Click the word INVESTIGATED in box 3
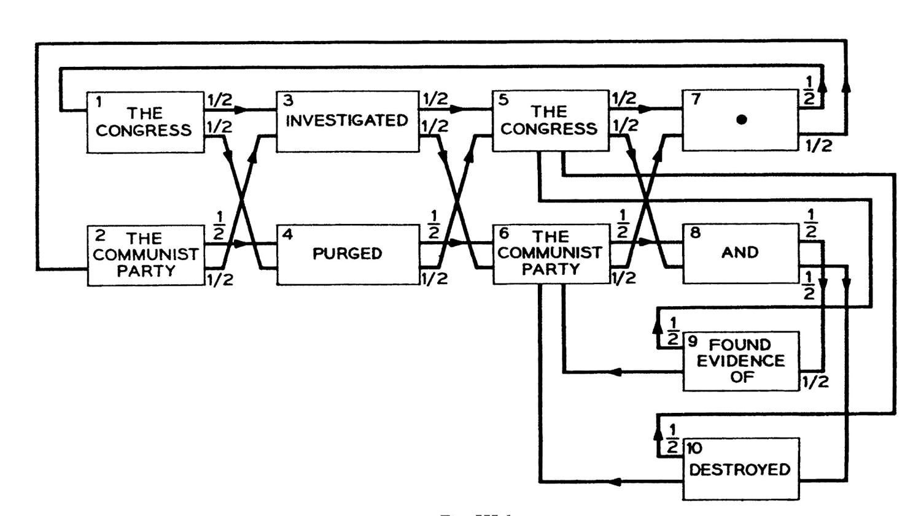(x=347, y=120)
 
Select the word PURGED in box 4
(x=347, y=253)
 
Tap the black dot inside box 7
(x=742, y=120)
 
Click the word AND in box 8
(x=740, y=252)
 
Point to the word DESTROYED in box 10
(x=740, y=470)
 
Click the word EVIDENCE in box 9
(x=740, y=361)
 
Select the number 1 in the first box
(x=98, y=102)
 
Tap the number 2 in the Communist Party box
(x=100, y=236)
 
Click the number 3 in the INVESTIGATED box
(x=289, y=101)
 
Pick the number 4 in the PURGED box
(x=287, y=234)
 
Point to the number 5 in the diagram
(x=503, y=100)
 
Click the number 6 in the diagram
(x=504, y=233)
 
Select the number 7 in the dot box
(x=696, y=99)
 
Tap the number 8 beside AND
(x=695, y=233)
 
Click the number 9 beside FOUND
(x=693, y=341)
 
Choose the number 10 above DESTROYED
(x=694, y=449)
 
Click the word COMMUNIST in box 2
(x=146, y=254)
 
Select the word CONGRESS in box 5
(x=548, y=129)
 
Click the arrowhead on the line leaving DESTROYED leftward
(x=615, y=482)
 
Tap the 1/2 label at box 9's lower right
(x=815, y=382)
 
